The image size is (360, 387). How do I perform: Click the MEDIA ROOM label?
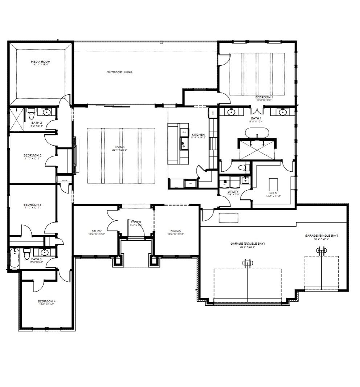[40, 62]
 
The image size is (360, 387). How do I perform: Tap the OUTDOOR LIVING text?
[119, 72]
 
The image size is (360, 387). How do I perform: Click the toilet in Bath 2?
[31, 114]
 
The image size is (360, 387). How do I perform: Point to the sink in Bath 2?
[46, 112]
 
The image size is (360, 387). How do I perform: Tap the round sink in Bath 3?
[44, 252]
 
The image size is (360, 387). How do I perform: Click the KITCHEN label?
[198, 135]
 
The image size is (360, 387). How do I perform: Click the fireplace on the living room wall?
[75, 155]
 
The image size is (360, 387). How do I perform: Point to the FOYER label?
[136, 222]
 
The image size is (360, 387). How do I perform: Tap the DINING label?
[176, 231]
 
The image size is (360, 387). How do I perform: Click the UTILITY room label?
[233, 191]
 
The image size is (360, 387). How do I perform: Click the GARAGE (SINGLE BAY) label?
[321, 236]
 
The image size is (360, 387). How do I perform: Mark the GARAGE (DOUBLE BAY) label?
[247, 244]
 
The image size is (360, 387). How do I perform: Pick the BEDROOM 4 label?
[46, 301]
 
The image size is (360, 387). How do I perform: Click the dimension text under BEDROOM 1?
[264, 100]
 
